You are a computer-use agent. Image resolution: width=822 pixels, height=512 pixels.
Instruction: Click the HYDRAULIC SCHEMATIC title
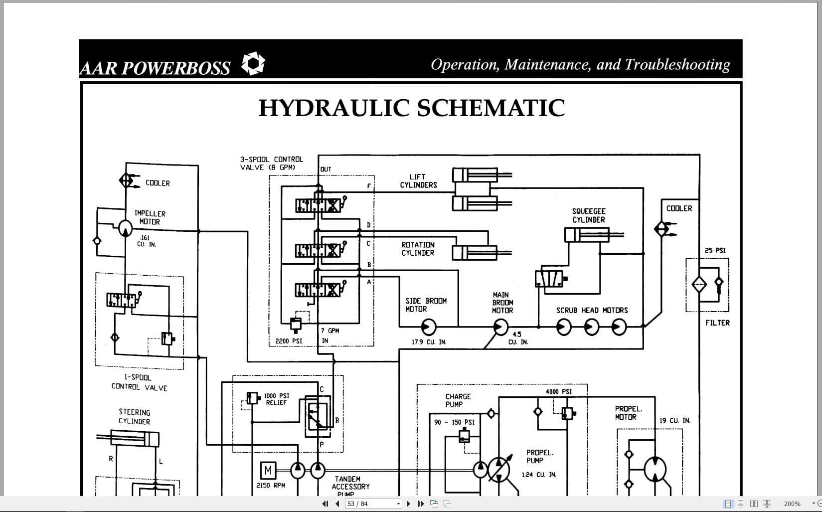[x=412, y=108]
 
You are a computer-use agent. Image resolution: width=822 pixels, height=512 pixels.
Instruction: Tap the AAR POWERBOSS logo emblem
[x=253, y=64]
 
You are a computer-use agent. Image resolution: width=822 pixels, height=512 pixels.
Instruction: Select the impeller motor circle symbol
[x=125, y=228]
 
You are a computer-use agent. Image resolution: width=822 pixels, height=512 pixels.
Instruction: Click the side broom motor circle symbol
[x=428, y=327]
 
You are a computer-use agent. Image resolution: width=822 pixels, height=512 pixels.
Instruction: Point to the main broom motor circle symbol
[x=500, y=327]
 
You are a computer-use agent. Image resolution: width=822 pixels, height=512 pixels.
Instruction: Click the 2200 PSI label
[x=289, y=341]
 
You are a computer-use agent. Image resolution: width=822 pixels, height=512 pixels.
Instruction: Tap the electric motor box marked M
[x=268, y=470]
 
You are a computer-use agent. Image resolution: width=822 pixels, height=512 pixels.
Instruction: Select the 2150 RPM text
[x=271, y=485]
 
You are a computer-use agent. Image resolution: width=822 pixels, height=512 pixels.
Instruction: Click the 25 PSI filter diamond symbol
[x=699, y=285]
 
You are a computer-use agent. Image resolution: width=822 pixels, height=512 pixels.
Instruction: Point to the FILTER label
[x=717, y=323]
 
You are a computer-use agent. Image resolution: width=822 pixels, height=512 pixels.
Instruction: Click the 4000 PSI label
[x=558, y=391]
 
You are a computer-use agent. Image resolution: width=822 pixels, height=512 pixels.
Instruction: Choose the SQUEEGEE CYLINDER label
[x=589, y=215]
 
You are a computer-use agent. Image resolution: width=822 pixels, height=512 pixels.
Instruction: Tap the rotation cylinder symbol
[x=475, y=253]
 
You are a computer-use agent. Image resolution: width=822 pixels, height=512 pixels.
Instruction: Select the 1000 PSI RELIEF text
[x=277, y=399]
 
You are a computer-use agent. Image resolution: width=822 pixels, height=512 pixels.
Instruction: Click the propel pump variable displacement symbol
[x=499, y=469]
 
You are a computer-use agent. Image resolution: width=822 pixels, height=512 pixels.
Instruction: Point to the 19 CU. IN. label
[x=675, y=420]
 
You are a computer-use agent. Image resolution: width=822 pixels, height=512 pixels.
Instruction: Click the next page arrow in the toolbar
[x=409, y=504]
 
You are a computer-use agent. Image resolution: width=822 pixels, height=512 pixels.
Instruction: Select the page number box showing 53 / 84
[x=373, y=504]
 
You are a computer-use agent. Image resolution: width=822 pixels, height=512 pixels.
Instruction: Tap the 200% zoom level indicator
[x=792, y=504]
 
